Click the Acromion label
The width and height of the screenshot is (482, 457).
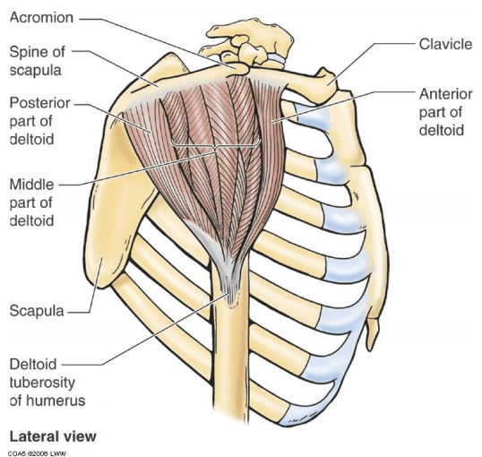pos(41,18)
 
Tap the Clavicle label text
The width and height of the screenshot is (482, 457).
pos(445,44)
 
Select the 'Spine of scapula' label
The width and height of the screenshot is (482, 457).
pos(38,61)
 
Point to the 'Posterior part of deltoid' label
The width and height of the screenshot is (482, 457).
pos(40,121)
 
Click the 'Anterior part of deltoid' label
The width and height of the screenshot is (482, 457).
pos(446,112)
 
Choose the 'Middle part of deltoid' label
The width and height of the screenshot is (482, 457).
pos(32,203)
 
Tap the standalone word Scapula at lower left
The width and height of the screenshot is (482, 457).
pos(37,311)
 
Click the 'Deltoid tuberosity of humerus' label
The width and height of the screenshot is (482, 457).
pos(47,383)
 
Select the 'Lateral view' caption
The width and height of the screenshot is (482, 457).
pos(53,436)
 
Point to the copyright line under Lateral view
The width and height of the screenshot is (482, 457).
pos(37,453)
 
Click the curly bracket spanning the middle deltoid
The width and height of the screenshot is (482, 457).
pos(215,146)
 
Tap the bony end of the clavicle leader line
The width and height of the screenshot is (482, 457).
pos(328,83)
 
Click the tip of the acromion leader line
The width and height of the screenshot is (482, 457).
pos(234,65)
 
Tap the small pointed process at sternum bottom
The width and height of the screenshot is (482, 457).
pos(372,333)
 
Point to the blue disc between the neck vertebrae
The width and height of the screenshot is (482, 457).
pos(277,58)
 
